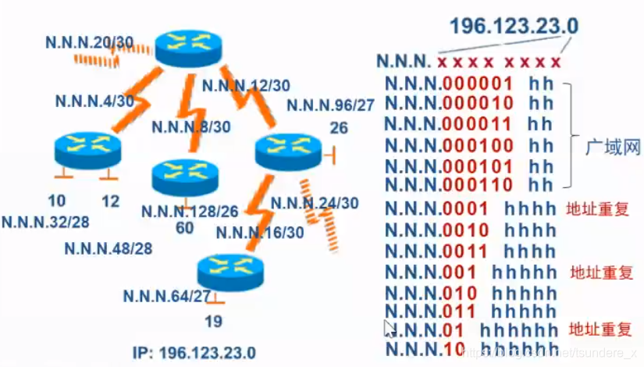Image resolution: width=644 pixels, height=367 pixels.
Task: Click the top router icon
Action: [x=189, y=48]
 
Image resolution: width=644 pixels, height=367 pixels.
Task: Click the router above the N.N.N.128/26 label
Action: [x=184, y=176]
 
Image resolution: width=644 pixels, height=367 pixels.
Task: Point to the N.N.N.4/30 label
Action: [x=94, y=100]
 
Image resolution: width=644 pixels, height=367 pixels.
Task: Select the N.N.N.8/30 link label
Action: [x=191, y=126]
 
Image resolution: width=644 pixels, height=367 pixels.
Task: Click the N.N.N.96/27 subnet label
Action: [x=330, y=105]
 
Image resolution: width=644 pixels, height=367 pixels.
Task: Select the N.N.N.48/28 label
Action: [x=108, y=248]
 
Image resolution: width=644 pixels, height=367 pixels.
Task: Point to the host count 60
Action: [x=186, y=227]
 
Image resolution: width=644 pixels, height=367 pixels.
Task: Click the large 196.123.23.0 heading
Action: [x=514, y=26]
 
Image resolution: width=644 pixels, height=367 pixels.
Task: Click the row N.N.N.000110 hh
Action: [x=469, y=185]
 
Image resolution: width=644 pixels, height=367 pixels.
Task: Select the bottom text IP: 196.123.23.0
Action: [x=207, y=353]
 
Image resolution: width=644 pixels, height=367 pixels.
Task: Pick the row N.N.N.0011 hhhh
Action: [x=471, y=251]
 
